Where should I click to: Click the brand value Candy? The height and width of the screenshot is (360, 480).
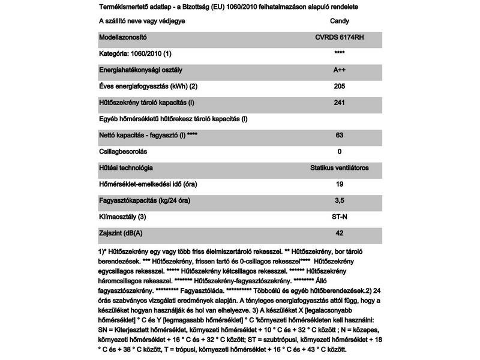(x=340, y=21)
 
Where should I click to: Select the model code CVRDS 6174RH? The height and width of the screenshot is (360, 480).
(x=340, y=37)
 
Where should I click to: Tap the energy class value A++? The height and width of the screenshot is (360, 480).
(x=340, y=70)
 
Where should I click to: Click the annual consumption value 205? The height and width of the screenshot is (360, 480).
(x=340, y=86)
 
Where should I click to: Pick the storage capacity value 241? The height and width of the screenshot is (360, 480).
(x=340, y=102)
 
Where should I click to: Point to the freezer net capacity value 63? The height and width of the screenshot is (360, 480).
(x=340, y=135)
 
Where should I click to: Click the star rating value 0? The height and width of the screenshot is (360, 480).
(x=340, y=151)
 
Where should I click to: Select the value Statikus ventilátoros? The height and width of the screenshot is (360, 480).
(x=340, y=167)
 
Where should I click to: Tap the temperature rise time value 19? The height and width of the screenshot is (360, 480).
(x=340, y=184)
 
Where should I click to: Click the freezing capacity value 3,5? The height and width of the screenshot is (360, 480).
(x=340, y=200)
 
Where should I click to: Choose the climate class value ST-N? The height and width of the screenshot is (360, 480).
(x=340, y=216)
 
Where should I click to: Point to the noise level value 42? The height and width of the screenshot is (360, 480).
(x=340, y=232)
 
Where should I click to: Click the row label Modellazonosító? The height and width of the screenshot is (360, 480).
(x=122, y=37)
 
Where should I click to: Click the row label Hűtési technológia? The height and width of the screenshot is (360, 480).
(x=125, y=167)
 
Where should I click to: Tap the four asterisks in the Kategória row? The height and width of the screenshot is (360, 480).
(x=340, y=54)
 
